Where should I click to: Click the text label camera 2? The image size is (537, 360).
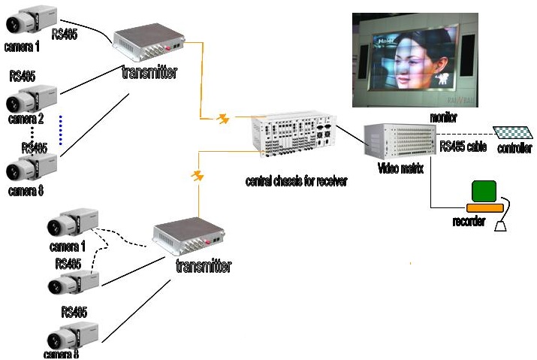[26, 119]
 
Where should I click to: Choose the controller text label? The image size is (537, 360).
[515, 149]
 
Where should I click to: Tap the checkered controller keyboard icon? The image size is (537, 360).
[512, 133]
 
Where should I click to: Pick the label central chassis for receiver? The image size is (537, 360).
[297, 181]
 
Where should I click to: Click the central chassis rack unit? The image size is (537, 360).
[294, 136]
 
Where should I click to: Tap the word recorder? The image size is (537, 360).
[468, 222]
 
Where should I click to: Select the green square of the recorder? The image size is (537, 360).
[484, 191]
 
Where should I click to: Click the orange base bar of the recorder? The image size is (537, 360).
[485, 208]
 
